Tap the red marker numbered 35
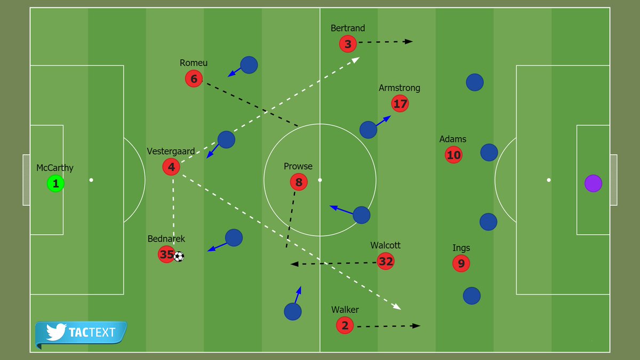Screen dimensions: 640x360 (x=166, y=254)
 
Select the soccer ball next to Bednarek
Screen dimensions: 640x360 (x=179, y=257)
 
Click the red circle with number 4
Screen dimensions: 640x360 (x=171, y=167)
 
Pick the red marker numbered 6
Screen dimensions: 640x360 (x=194, y=79)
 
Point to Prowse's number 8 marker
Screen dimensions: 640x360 (x=299, y=182)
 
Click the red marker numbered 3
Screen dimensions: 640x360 (x=348, y=44)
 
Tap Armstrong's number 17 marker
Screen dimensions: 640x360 (x=400, y=103)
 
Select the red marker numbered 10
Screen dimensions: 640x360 (x=453, y=155)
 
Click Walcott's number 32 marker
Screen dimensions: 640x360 (x=386, y=261)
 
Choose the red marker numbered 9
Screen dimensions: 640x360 (x=461, y=263)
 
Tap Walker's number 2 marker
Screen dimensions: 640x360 (x=345, y=325)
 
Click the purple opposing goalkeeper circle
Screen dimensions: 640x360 (x=593, y=183)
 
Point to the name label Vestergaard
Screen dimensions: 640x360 (x=171, y=151)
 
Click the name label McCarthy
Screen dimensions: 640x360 (x=55, y=168)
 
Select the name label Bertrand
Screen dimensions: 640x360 (x=348, y=28)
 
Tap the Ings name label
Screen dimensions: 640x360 (x=461, y=248)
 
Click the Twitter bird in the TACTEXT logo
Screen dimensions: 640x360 (x=55, y=332)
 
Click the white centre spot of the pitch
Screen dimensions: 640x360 (x=320, y=180)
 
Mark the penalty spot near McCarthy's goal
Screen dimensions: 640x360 (x=91, y=180)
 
